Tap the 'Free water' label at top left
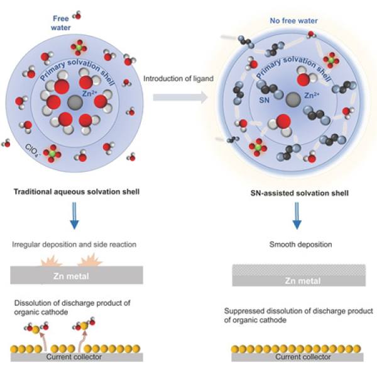pyautogui.click(x=60, y=23)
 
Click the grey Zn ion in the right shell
pyautogui.click(x=292, y=99)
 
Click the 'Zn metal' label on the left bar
pyautogui.click(x=77, y=275)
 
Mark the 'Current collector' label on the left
pyautogui.click(x=77, y=357)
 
